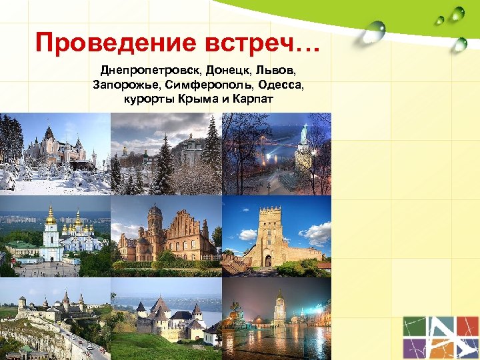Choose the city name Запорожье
tap(124, 85)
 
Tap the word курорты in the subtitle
tap(148, 100)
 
